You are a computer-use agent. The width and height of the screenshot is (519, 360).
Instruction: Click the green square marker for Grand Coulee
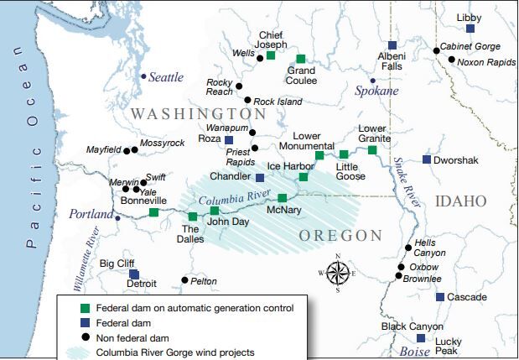point(300,59)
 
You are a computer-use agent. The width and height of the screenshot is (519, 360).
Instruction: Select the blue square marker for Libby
point(470,29)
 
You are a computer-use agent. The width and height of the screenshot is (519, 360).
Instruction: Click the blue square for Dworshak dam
point(427,159)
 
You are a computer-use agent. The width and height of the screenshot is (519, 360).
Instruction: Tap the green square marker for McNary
point(283,198)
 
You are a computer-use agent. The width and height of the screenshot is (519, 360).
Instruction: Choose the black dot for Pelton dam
point(184,280)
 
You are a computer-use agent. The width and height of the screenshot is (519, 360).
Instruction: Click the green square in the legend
point(73,309)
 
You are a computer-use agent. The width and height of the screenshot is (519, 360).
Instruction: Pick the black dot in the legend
point(73,337)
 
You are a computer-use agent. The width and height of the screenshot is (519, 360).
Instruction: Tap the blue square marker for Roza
point(229,139)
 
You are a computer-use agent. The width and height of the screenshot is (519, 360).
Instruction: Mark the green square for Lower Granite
point(372,149)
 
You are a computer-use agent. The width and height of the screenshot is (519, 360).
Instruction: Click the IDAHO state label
point(461,201)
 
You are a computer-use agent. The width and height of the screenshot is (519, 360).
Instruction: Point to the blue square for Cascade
point(439,297)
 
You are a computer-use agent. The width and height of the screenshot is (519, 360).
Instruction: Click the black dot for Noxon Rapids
point(451,60)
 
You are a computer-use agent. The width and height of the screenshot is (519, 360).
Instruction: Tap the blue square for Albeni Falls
point(392,45)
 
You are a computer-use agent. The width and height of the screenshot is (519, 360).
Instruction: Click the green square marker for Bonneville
point(153,212)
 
